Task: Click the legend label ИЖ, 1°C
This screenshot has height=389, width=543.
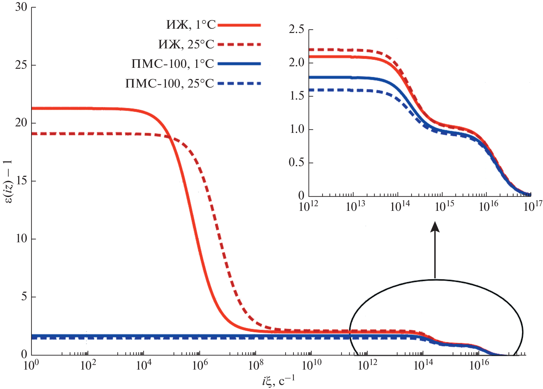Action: (x=191, y=25)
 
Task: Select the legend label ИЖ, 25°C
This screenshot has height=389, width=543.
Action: (x=186, y=45)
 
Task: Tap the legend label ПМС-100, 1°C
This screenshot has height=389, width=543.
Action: (x=172, y=64)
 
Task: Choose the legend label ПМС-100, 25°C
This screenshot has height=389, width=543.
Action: (x=169, y=84)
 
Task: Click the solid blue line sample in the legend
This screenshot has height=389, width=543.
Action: (x=239, y=64)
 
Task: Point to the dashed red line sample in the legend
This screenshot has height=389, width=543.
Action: (x=239, y=45)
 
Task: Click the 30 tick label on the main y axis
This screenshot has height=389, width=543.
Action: (x=21, y=7)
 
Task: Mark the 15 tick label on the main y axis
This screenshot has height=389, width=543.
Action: (x=21, y=181)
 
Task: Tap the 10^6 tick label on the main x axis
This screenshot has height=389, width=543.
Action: (x=200, y=365)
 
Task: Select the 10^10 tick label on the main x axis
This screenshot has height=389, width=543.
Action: (x=311, y=365)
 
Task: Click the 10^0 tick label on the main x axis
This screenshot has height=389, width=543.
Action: (x=31, y=365)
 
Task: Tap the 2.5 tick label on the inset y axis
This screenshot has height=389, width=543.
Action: (x=296, y=30)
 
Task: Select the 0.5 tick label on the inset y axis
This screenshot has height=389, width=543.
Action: (x=296, y=162)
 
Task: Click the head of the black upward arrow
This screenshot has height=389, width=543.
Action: (x=435, y=227)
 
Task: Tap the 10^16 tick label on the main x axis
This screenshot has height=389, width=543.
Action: (x=479, y=365)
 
